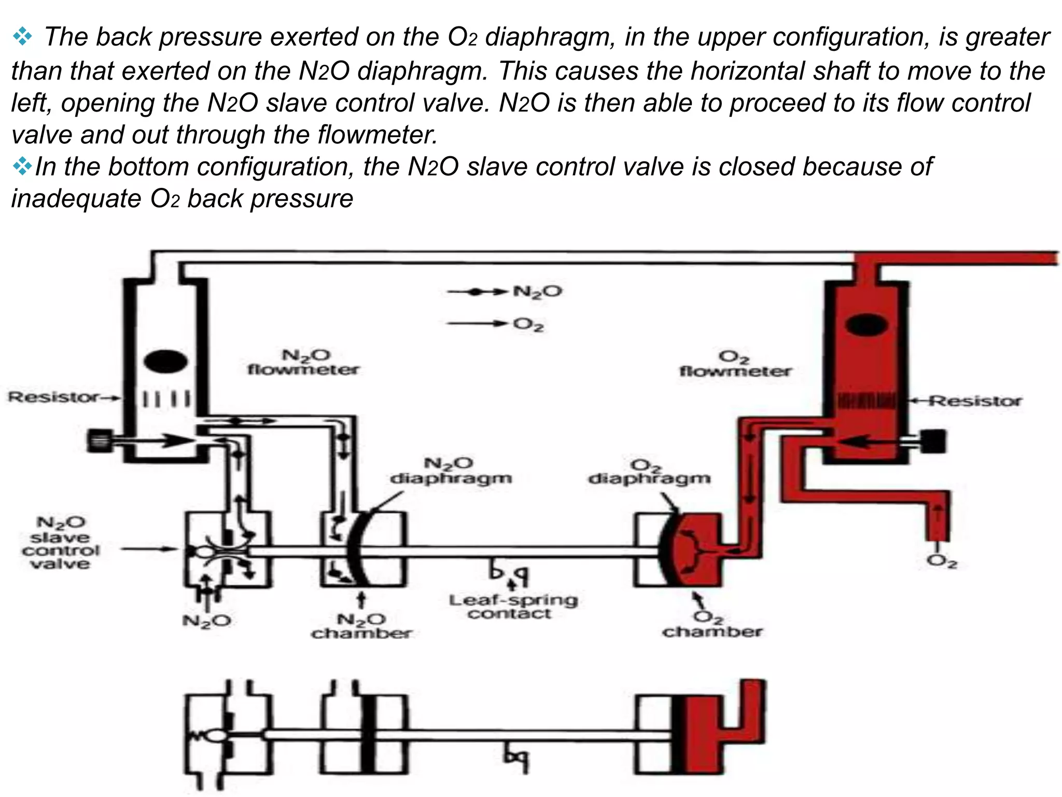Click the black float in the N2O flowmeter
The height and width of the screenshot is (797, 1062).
click(165, 362)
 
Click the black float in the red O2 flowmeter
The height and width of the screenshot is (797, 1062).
click(867, 325)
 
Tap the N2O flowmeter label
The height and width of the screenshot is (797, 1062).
click(303, 362)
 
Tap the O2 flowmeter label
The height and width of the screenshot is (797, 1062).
click(735, 364)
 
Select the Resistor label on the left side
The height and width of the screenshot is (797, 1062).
click(53, 397)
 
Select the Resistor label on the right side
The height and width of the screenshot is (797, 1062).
click(975, 401)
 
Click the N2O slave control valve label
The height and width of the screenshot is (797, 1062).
click(60, 543)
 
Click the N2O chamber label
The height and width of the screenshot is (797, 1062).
click(361, 626)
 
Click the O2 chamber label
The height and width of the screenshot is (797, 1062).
click(712, 625)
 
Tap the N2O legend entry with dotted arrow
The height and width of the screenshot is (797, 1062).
click(537, 292)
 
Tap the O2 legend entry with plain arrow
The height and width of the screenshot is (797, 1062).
click(528, 325)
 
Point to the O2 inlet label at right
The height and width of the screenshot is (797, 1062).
click(941, 562)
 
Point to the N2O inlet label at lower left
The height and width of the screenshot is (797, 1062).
click(206, 621)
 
